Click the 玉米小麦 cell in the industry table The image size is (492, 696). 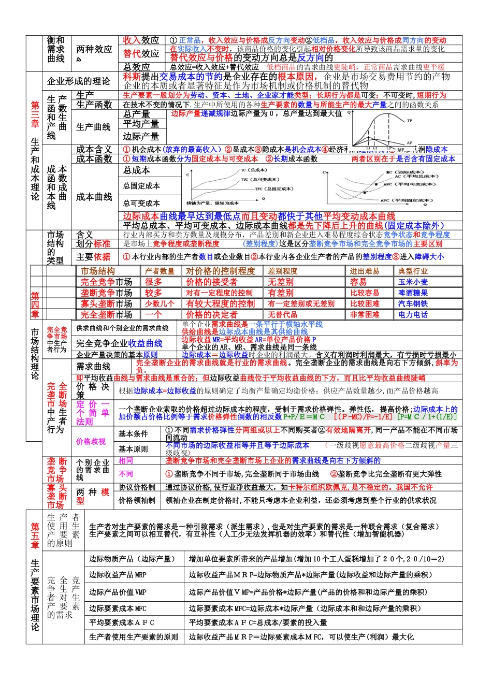[x=413, y=282]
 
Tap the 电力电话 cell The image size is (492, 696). [x=413, y=315]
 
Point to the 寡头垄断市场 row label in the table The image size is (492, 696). [x=106, y=304]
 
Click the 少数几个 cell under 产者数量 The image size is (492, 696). [x=160, y=304]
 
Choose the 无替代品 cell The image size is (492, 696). [x=282, y=315]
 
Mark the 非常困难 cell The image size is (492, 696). [x=365, y=315]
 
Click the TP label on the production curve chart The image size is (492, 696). [x=409, y=121]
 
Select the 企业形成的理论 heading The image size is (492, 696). [x=79, y=81]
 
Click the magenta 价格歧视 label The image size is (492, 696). [x=91, y=442]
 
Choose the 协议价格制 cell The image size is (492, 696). [x=137, y=487]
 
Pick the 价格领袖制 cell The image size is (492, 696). [x=137, y=500]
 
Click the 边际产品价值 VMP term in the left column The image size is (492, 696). [x=118, y=592]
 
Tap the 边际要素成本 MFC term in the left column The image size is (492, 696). [x=118, y=608]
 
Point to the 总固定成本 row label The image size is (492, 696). [x=141, y=186]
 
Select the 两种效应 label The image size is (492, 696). [x=94, y=50]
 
